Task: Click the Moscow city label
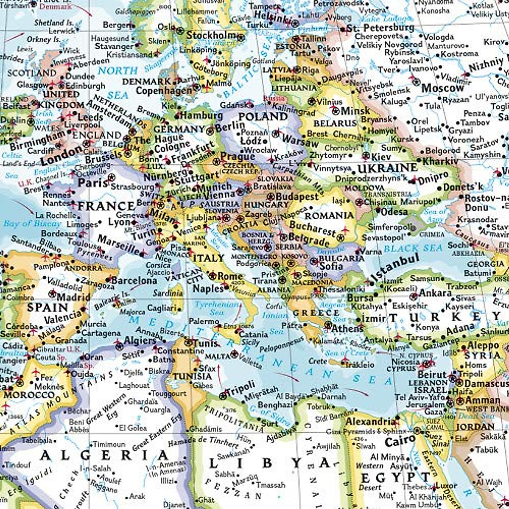[x=443, y=88]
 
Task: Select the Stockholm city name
[x=211, y=35]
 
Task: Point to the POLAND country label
[x=263, y=117]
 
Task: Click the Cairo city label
[x=400, y=441]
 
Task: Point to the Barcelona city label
[x=134, y=280]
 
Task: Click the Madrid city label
[x=73, y=296]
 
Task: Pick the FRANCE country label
[x=106, y=207]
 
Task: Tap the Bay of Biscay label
[x=32, y=223]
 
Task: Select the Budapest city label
[x=296, y=197]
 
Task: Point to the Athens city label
[x=347, y=328]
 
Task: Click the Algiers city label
[x=140, y=341]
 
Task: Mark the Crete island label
[x=318, y=361]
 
